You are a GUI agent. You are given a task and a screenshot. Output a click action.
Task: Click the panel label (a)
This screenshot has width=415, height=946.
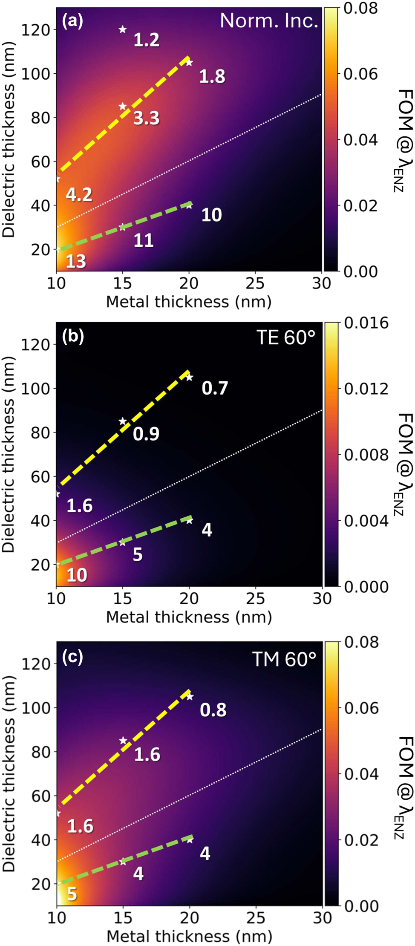point(72,21)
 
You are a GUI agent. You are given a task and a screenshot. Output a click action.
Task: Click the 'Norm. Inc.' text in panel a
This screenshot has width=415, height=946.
point(268,21)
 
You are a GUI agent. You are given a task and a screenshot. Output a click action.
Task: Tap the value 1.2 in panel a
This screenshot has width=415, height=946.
point(146,40)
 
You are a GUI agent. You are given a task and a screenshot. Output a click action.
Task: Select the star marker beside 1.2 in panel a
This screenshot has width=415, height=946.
point(123,29)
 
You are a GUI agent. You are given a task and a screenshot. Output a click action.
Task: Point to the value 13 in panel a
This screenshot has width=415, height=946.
point(76,261)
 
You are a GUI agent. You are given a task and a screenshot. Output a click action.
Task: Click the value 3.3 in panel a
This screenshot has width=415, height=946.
point(146,118)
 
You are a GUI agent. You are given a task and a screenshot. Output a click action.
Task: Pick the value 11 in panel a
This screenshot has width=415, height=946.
point(144,241)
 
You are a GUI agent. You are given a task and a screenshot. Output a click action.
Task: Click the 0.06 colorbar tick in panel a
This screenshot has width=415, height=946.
point(360,74)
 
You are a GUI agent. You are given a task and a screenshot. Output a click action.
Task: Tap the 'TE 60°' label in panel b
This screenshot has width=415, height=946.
point(285,338)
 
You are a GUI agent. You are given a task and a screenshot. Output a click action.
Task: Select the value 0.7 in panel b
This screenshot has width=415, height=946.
point(215,388)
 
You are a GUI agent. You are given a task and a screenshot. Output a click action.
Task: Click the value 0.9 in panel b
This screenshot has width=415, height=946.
point(146,434)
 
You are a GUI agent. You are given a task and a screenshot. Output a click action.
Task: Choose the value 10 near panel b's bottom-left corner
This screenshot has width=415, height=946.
point(77,575)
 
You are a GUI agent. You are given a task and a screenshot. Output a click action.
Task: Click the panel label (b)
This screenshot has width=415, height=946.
point(73,336)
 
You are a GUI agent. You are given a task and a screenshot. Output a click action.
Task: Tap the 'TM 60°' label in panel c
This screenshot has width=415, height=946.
point(284,659)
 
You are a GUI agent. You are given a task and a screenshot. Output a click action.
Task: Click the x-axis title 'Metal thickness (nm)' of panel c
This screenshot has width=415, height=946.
point(189,936)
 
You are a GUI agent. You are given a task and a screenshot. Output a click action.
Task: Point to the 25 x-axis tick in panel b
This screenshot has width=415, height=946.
point(256,599)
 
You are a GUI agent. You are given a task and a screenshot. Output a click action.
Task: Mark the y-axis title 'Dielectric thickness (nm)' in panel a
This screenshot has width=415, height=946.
point(9,138)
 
